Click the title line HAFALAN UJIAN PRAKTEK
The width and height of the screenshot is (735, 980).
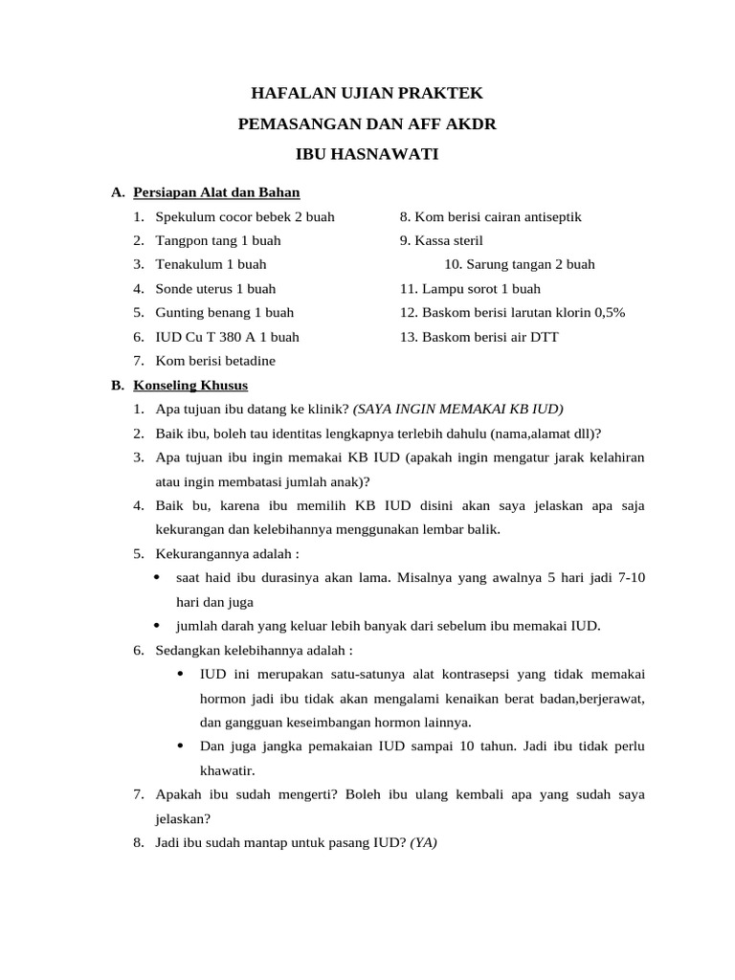[367, 94]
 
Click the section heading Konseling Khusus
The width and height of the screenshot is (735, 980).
[190, 386]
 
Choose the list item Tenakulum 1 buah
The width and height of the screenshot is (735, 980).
[211, 264]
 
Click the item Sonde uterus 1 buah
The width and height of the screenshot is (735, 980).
[215, 288]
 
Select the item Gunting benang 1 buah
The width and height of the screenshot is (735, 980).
[225, 313]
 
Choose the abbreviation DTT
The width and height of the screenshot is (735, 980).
[543, 337]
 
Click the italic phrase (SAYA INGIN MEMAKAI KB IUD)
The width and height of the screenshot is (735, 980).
[458, 409]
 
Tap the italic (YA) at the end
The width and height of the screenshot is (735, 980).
[423, 843]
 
